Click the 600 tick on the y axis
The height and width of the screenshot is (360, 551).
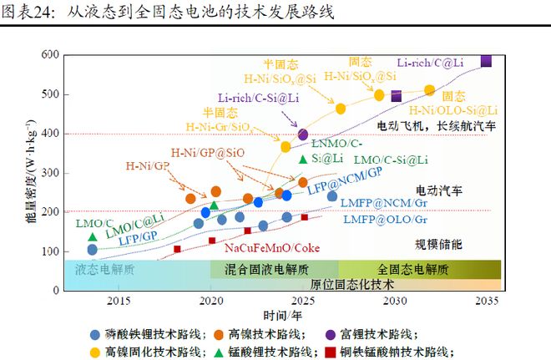click(50, 55)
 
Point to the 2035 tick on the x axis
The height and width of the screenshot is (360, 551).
click(487, 300)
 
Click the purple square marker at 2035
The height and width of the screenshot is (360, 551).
click(486, 61)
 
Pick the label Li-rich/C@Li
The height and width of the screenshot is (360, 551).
click(430, 61)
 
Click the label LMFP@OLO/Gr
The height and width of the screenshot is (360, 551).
click(386, 220)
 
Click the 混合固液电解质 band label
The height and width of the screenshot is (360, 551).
click(265, 269)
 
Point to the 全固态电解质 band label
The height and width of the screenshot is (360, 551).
click(412, 269)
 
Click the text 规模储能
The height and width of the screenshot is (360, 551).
click(438, 244)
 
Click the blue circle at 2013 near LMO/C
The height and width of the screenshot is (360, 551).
click(92, 250)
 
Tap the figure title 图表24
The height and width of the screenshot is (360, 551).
click(28, 12)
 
